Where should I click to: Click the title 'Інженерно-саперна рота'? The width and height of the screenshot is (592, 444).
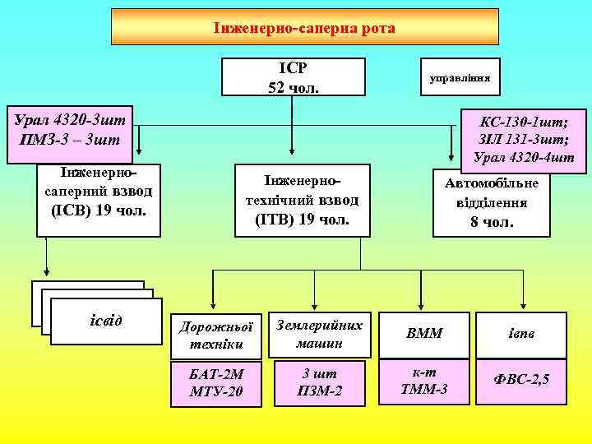coord(304,27)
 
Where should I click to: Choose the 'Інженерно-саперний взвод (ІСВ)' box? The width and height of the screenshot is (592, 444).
coord(99,201)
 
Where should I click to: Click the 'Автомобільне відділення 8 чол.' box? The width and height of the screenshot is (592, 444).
coord(492,201)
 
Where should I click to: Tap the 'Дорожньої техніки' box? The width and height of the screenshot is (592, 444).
coord(215,335)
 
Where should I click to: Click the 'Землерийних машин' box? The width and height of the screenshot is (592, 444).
coord(321,333)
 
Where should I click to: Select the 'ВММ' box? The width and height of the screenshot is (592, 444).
coord(424,334)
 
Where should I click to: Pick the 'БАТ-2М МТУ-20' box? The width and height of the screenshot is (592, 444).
coord(215,383)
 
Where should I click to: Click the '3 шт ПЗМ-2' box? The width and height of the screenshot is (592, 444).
coord(321,382)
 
